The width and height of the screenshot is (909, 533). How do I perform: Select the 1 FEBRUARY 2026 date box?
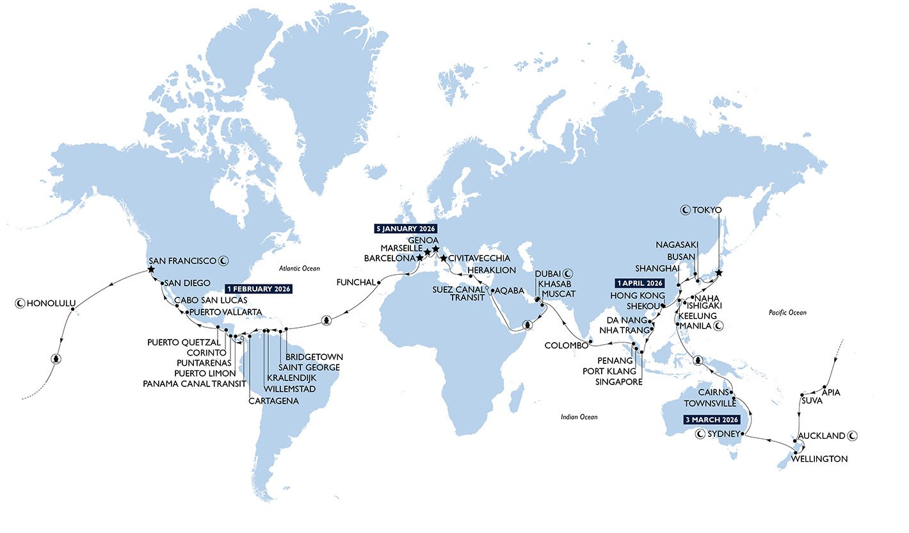click(259, 289)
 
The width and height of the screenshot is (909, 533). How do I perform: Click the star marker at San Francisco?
click(151, 270)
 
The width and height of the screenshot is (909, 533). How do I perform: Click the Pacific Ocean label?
click(788, 313)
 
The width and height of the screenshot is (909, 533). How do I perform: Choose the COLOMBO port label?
click(565, 346)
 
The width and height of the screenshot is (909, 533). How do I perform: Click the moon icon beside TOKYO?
click(684, 209)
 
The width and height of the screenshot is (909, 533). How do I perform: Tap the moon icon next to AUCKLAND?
click(852, 436)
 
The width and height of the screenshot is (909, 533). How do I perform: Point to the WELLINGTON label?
click(819, 459)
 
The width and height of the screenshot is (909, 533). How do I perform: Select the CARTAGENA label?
click(273, 401)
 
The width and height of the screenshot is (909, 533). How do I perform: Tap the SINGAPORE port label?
click(618, 382)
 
